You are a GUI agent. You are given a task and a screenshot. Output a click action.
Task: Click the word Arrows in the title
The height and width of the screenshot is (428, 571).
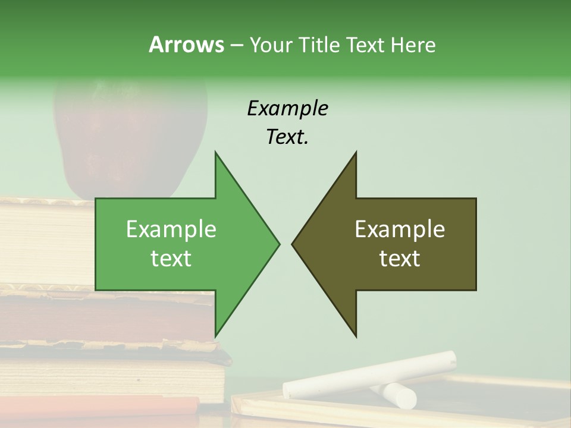186,45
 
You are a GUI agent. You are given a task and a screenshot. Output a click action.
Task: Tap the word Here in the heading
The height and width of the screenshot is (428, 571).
413,45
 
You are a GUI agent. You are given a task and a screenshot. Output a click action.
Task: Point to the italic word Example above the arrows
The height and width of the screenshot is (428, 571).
287,108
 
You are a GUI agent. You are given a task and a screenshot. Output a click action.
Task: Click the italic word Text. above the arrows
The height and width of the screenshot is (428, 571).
287,137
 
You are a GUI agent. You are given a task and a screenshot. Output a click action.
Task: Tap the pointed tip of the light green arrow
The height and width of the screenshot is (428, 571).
278,243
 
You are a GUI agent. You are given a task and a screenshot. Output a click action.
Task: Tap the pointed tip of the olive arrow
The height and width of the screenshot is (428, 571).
293,243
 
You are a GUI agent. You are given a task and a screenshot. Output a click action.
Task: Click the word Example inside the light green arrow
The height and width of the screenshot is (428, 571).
171,229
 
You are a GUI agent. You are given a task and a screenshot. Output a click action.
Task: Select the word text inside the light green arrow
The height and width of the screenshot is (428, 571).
171,259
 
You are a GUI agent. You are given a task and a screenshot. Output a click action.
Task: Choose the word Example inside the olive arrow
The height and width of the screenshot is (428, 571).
400,229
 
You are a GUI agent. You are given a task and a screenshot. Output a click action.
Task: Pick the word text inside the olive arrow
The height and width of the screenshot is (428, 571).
400,259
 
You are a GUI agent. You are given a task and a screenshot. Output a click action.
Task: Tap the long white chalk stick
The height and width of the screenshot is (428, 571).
369,374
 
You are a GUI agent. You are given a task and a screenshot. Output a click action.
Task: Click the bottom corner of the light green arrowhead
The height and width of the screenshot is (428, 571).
215,336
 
